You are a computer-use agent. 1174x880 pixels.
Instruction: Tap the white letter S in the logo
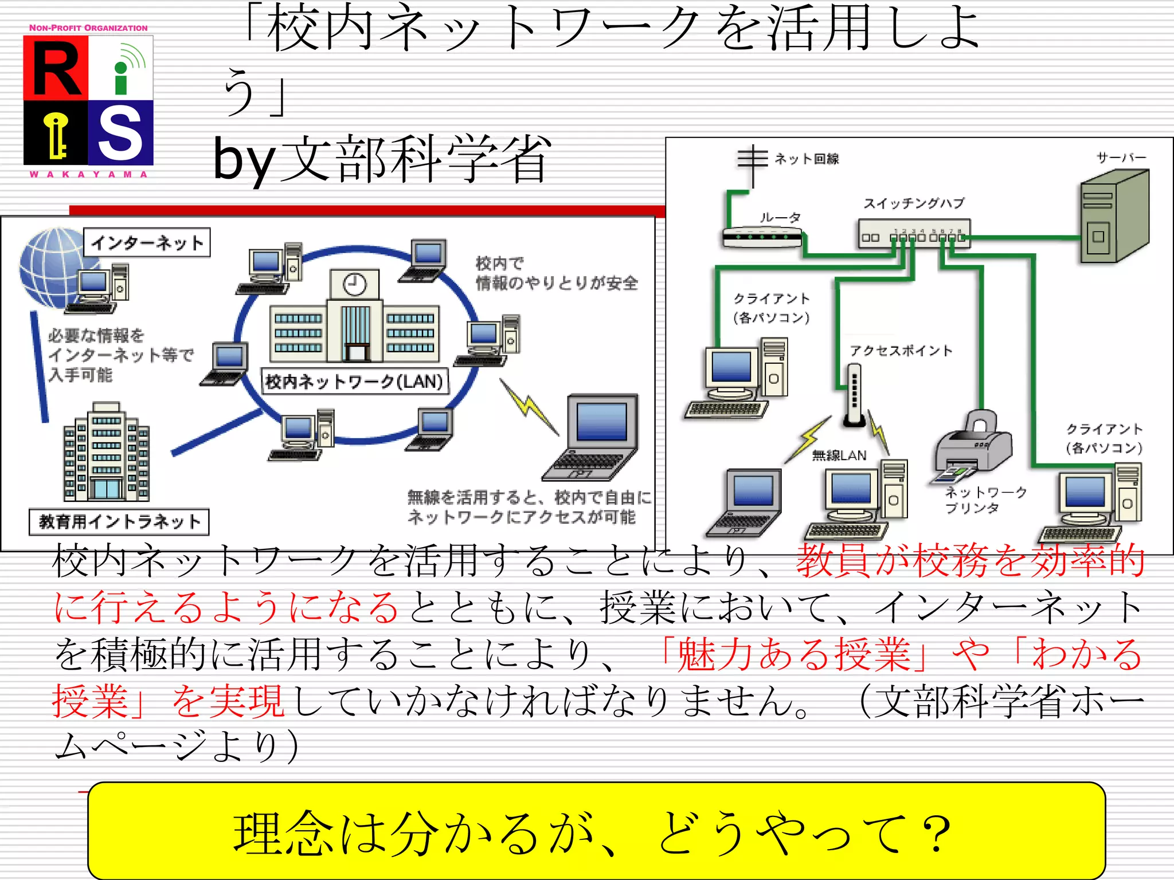coord(121,133)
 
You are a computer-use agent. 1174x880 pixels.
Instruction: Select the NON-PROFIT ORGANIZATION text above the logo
coord(88,27)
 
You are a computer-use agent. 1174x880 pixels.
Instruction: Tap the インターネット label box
coord(147,242)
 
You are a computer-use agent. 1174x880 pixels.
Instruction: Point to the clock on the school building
coord(354,284)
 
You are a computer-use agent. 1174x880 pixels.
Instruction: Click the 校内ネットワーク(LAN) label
coord(355,382)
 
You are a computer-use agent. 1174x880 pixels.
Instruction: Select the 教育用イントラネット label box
coord(119,522)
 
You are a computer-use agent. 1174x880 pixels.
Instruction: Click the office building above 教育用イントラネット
coord(106,453)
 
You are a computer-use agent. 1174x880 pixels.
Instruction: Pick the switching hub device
coord(914,234)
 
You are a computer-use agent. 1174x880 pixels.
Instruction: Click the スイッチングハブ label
coord(914,203)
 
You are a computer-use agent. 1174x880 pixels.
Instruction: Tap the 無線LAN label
coord(839,455)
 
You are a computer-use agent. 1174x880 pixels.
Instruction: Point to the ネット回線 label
coord(807,159)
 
